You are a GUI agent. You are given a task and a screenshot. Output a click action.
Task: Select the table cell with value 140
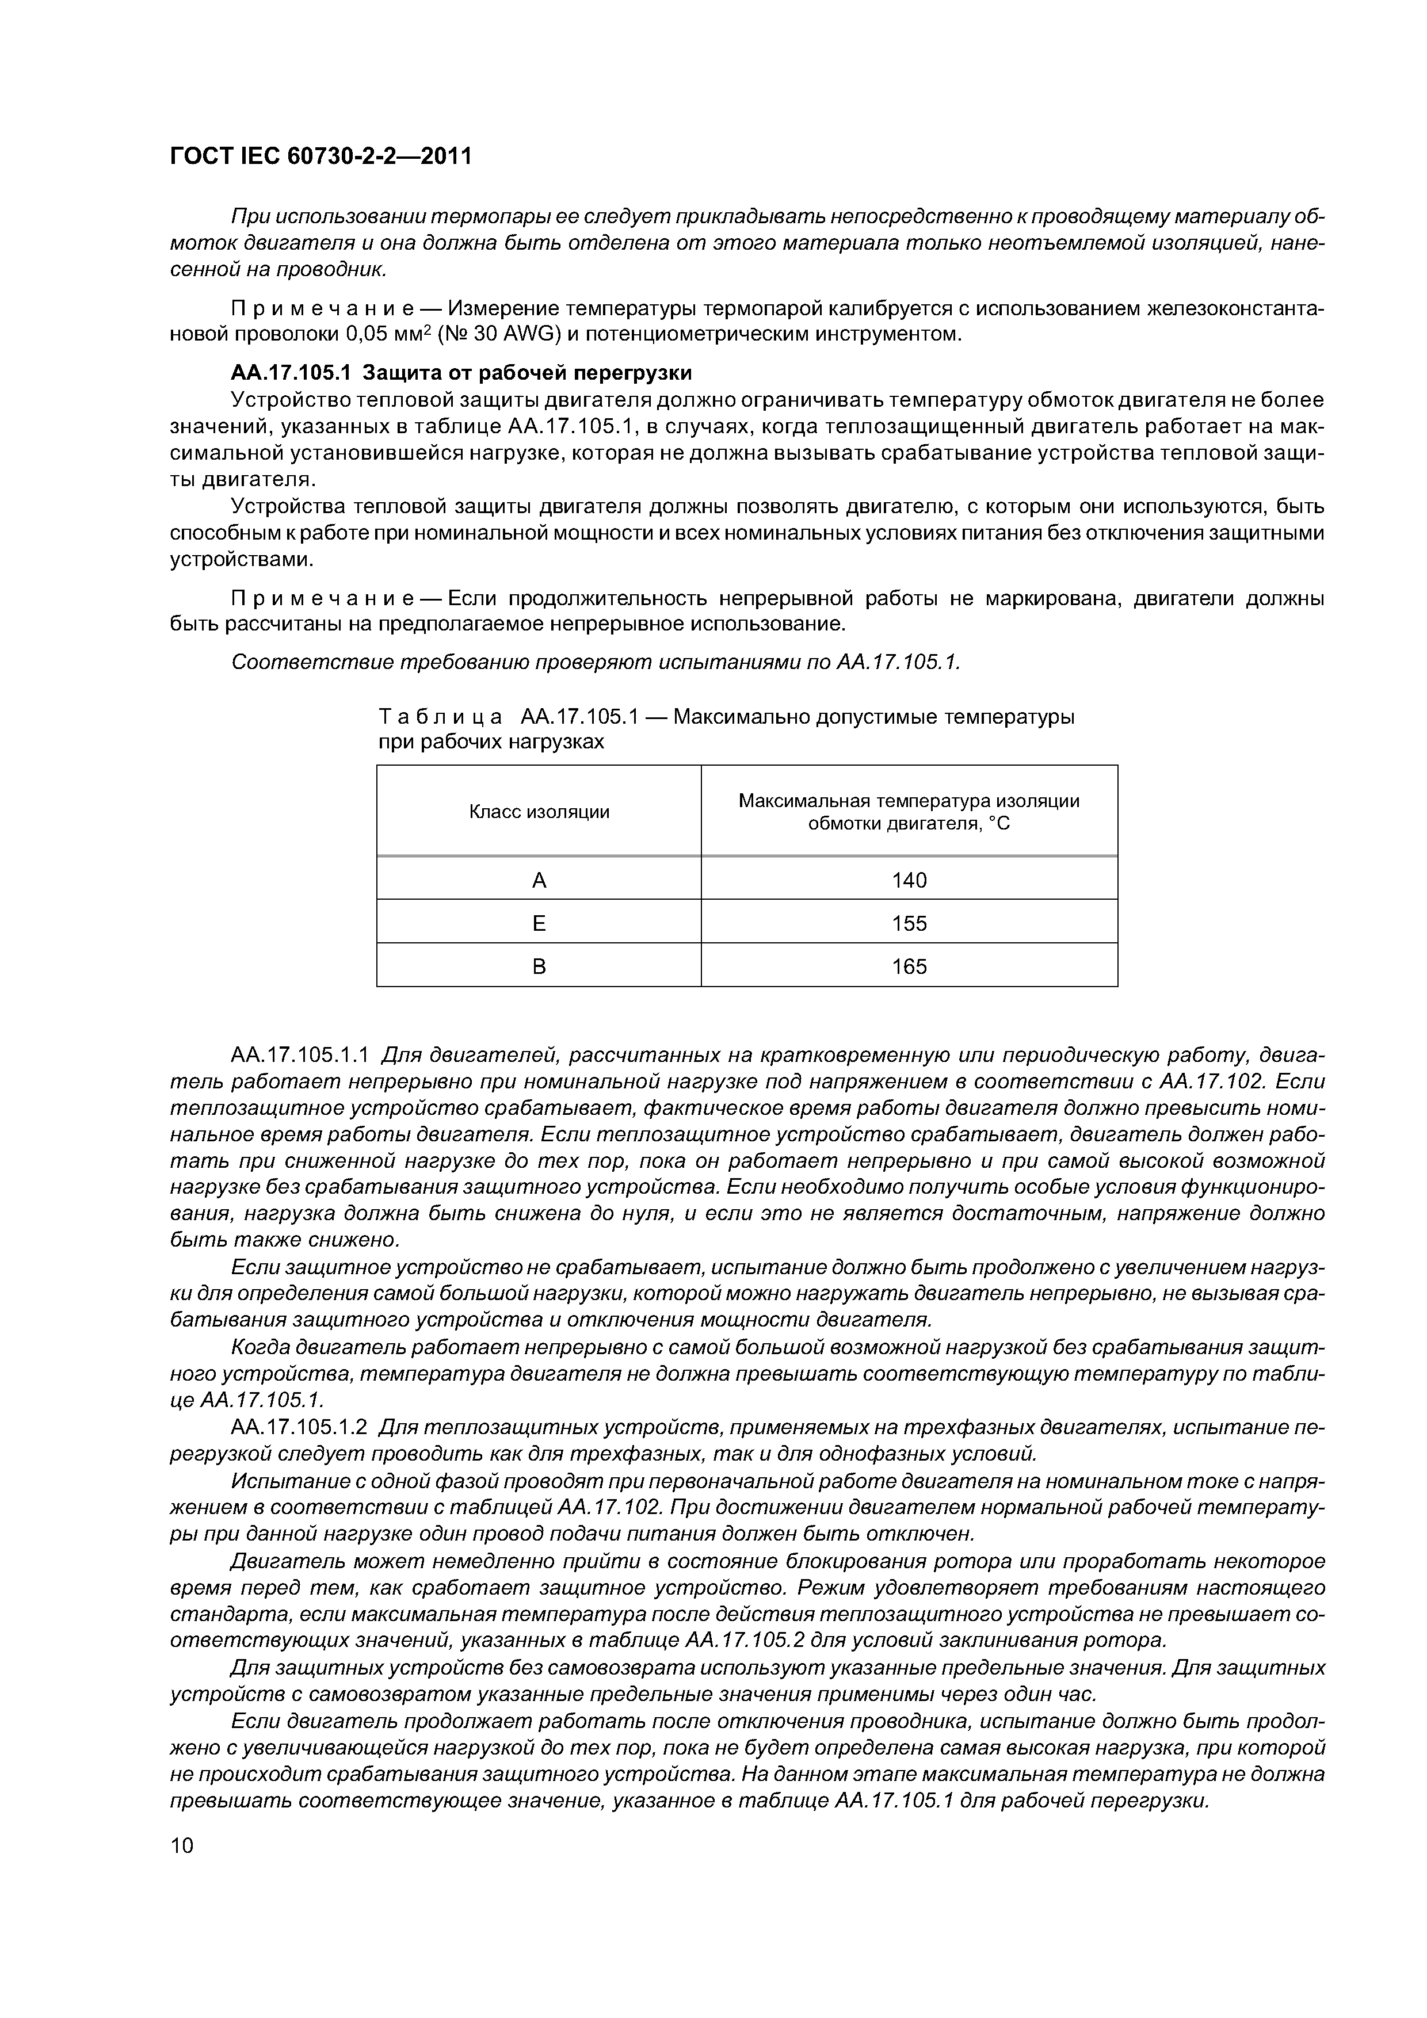(x=909, y=880)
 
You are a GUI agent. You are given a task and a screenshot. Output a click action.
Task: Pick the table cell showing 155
(x=909, y=923)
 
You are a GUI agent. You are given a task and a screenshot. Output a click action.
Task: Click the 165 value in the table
(x=909, y=966)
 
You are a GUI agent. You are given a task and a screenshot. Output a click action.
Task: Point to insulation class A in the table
(x=539, y=880)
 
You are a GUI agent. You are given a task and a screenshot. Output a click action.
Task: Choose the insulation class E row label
(x=539, y=923)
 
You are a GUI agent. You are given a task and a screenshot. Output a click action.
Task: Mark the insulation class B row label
(x=539, y=966)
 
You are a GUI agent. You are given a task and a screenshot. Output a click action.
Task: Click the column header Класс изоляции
(x=539, y=811)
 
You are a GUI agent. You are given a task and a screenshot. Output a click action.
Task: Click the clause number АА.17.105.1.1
(x=303, y=1054)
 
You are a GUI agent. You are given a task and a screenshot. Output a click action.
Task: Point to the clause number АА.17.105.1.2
(x=303, y=1428)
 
